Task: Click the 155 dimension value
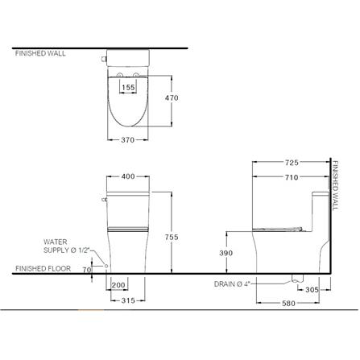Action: (x=128, y=87)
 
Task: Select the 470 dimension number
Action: (x=172, y=98)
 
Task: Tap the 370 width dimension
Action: (x=127, y=140)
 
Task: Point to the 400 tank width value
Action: (x=128, y=176)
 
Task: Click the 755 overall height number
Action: (x=172, y=237)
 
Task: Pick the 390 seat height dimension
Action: (x=226, y=253)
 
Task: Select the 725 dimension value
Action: (x=292, y=163)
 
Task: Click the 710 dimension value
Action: (x=292, y=177)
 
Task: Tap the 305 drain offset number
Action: (x=312, y=290)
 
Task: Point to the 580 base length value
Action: (x=288, y=304)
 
